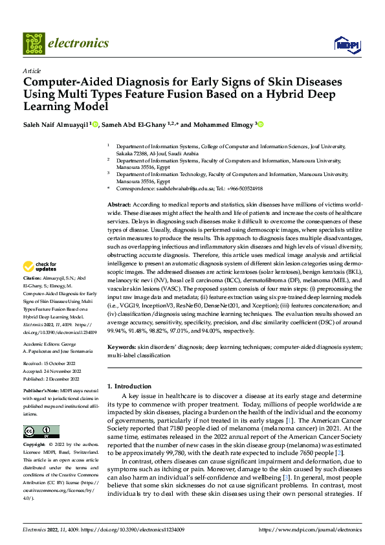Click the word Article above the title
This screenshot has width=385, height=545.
31,71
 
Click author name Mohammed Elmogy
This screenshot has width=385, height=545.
222,124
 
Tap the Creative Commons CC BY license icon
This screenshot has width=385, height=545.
41,432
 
